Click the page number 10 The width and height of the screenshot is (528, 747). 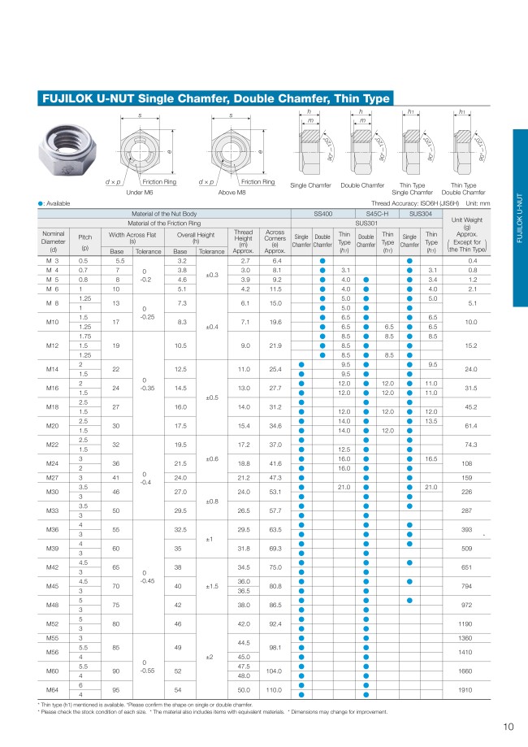(x=508, y=727)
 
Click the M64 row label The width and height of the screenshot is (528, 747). (x=54, y=689)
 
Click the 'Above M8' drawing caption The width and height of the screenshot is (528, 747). (x=234, y=193)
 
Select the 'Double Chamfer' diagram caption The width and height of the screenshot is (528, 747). (x=362, y=185)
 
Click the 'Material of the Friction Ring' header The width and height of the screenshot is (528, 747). (x=164, y=221)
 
